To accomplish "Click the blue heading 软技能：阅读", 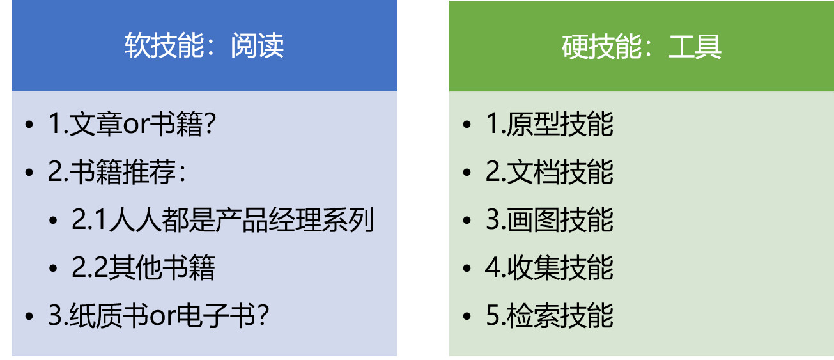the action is [x=204, y=45].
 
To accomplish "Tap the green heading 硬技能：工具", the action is [x=642, y=47].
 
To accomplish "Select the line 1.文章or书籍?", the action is [x=132, y=123].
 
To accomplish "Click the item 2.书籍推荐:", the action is [x=117, y=171].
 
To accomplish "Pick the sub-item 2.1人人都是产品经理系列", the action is [x=222, y=219].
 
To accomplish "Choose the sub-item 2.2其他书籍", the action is [x=143, y=267].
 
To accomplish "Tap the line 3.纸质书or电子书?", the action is [x=158, y=315].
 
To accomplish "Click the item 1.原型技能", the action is [x=549, y=123].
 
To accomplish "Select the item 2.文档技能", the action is [x=549, y=171].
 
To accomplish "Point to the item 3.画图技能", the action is [x=549, y=219].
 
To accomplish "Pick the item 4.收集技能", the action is [x=549, y=267].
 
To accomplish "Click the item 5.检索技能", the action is [x=549, y=315].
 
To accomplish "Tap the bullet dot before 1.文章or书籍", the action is [x=29, y=125].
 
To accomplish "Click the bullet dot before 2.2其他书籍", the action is [x=53, y=269].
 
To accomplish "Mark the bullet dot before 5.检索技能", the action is [x=467, y=317].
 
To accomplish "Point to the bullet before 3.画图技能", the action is [x=467, y=221].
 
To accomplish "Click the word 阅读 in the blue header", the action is [x=258, y=45].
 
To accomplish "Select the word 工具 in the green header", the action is [x=695, y=47].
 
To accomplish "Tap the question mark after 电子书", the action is [x=263, y=315].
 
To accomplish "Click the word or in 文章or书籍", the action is [x=136, y=125].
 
